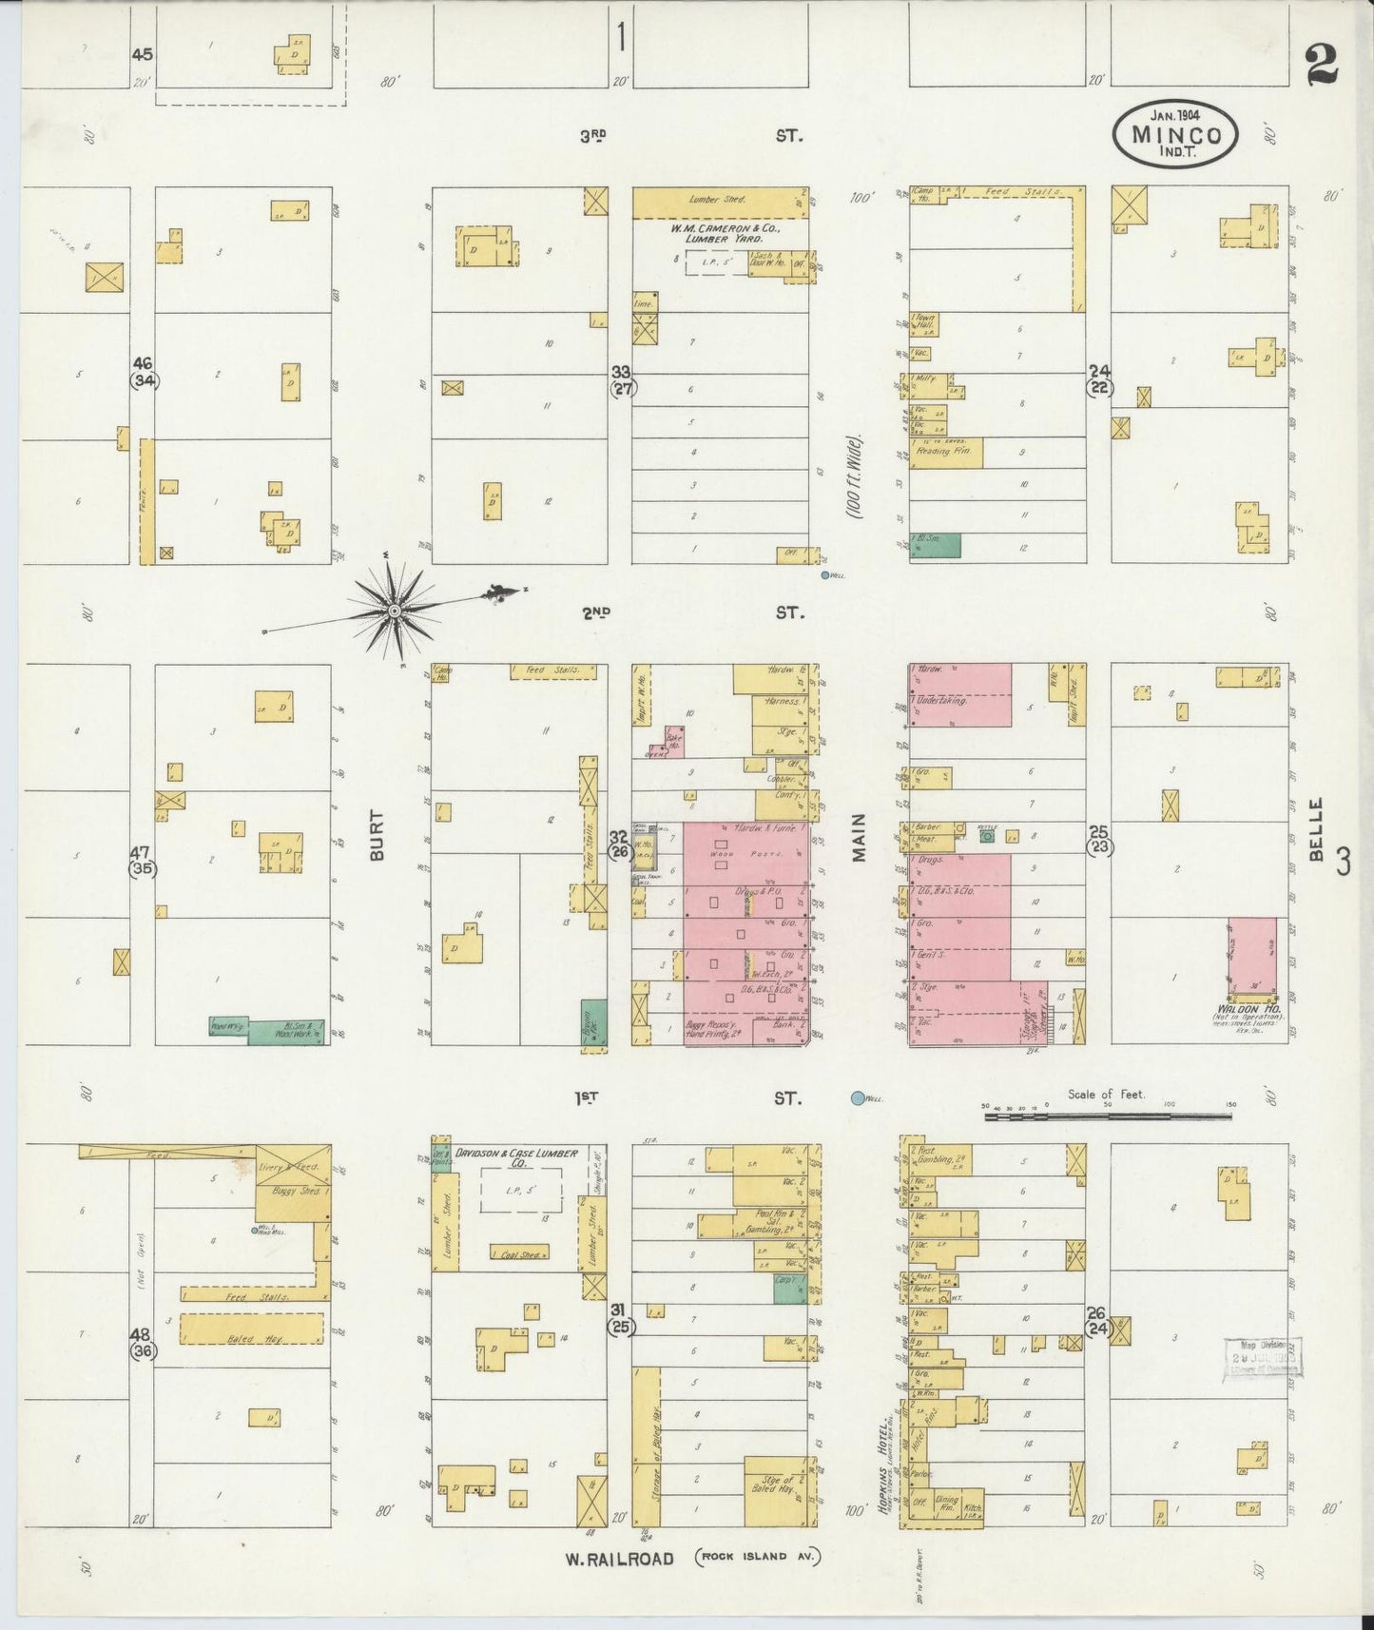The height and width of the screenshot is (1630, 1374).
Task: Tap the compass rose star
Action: pos(393,610)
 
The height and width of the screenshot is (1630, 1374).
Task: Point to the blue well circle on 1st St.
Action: pos(859,1098)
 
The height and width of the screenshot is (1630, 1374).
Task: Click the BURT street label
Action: pos(377,835)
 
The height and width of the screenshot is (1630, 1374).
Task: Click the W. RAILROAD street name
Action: pos(619,1559)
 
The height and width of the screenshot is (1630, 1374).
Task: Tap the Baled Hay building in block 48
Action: pos(252,1329)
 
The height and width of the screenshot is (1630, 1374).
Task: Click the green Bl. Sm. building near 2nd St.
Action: pos(936,544)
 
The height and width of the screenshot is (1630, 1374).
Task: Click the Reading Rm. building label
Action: pos(947,453)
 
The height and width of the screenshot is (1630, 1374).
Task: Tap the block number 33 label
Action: pos(621,371)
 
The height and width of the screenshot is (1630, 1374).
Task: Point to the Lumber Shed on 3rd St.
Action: pos(720,202)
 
